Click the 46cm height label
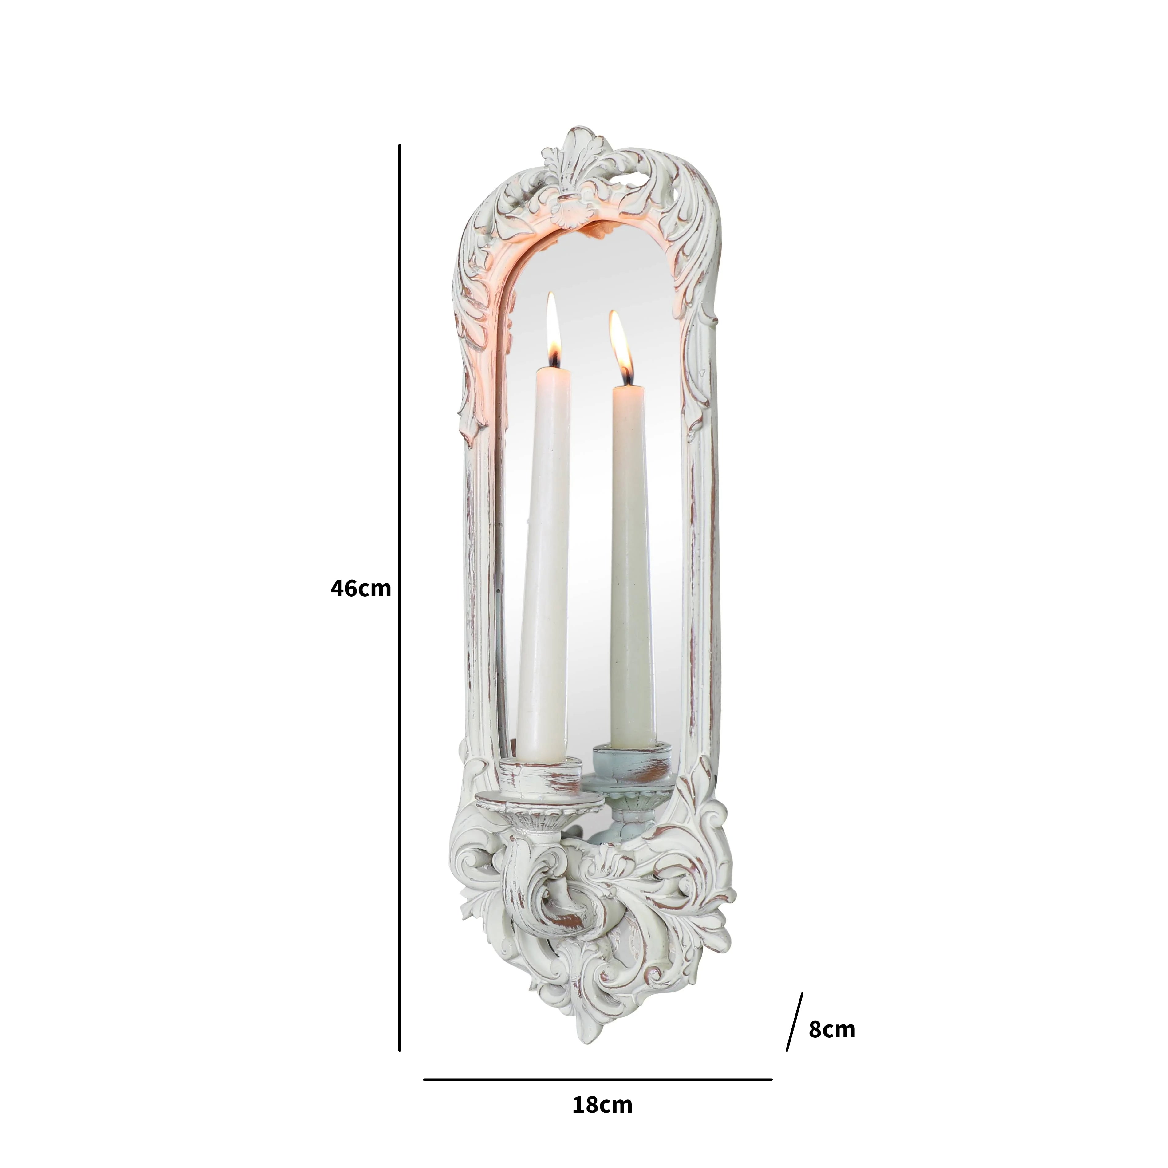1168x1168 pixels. [x=361, y=588]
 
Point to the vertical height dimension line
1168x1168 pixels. [x=400, y=598]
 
